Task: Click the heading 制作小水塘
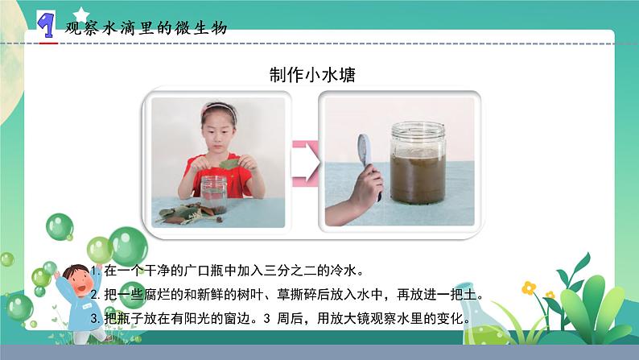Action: [x=313, y=75]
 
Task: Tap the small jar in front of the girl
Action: [x=213, y=194]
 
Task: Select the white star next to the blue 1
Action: [x=80, y=13]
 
